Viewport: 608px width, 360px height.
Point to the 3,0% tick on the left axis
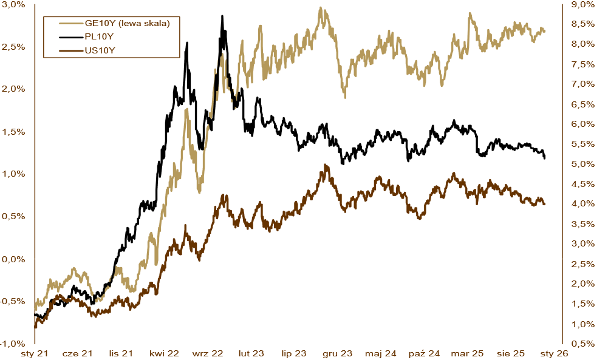[x=13, y=4]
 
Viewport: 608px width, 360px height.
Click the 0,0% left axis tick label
[x=13, y=259]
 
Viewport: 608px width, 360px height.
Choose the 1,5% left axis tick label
[x=13, y=132]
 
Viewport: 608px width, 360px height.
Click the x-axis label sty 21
[x=34, y=353]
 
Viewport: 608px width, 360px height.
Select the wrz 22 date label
[x=208, y=353]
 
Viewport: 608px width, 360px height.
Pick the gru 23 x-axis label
[x=337, y=353]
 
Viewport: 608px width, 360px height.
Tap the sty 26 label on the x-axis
[x=554, y=353]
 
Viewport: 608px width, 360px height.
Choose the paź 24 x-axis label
[x=424, y=353]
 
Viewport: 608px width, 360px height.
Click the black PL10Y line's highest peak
[x=222, y=16]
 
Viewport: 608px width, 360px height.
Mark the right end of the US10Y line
[x=544, y=204]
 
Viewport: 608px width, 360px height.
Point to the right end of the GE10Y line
[x=544, y=31]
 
